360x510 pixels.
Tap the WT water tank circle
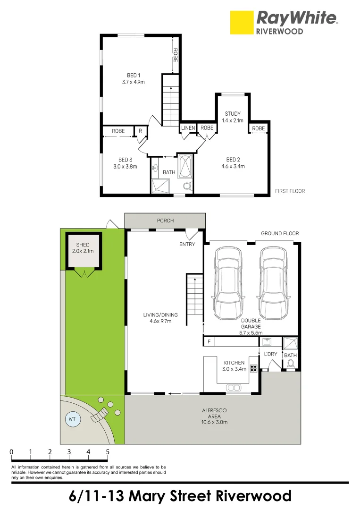coord(72,418)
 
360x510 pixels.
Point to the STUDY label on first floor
coord(233,114)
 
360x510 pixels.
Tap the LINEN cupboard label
coord(188,128)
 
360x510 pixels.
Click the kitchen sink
coord(233,388)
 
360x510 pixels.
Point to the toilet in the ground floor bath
coord(291,363)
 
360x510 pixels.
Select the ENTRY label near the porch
coord(187,244)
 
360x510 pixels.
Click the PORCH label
coord(165,221)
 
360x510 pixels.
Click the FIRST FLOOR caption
coord(290,191)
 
